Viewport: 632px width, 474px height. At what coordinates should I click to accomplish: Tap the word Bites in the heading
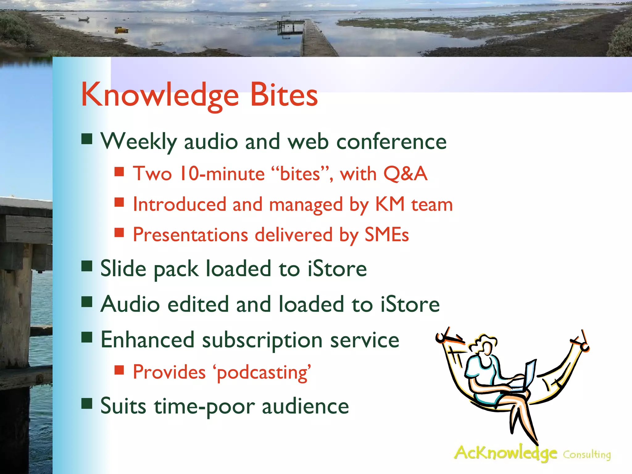pos(284,95)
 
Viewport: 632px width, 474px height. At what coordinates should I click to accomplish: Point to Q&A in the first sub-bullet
pos(405,174)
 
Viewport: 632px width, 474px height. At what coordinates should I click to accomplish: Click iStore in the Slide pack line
pos(337,269)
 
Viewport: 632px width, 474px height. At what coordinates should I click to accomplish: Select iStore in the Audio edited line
pos(410,304)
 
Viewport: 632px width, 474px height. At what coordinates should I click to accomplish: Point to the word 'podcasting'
pos(262,372)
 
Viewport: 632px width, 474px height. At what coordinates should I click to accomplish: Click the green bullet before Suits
pos(87,403)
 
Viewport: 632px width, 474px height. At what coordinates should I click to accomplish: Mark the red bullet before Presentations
pos(119,232)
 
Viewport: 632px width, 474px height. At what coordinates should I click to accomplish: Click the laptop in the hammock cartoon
pos(528,375)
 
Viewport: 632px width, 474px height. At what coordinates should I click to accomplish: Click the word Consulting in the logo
pos(587,455)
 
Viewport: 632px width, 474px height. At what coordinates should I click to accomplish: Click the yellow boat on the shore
pos(121,30)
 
